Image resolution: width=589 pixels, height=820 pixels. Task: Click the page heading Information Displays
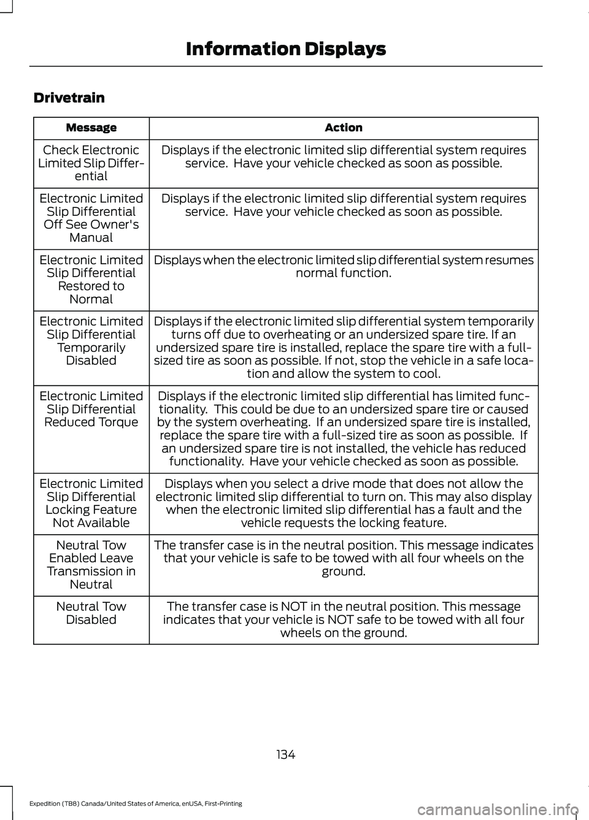click(x=285, y=49)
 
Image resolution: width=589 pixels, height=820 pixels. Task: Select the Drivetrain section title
click(x=69, y=98)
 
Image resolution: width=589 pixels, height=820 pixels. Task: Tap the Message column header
click(x=91, y=128)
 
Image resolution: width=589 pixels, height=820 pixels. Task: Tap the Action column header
click(x=344, y=128)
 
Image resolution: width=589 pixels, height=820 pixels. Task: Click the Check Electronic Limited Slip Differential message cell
click(x=91, y=163)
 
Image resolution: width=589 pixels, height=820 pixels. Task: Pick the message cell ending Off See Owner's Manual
click(x=91, y=218)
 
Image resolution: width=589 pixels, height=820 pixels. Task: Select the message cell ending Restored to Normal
click(x=91, y=280)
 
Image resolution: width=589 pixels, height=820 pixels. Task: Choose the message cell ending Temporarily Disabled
click(x=91, y=341)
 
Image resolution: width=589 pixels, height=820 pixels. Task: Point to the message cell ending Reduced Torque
click(x=91, y=409)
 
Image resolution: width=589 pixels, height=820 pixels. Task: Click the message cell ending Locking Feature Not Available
click(x=91, y=503)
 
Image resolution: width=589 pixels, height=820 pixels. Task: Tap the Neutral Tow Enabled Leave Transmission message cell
click(x=91, y=564)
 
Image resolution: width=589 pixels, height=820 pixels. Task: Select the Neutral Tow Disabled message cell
click(x=91, y=613)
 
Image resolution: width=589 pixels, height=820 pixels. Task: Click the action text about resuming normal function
click(x=344, y=266)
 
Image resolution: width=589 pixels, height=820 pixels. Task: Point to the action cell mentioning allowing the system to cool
click(x=344, y=347)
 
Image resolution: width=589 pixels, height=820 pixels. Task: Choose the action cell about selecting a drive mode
click(x=344, y=503)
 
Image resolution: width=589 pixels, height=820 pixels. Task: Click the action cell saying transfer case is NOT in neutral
click(x=344, y=619)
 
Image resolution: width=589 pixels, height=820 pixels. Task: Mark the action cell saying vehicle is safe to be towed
click(x=344, y=558)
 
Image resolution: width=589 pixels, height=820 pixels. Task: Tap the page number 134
click(x=285, y=755)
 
